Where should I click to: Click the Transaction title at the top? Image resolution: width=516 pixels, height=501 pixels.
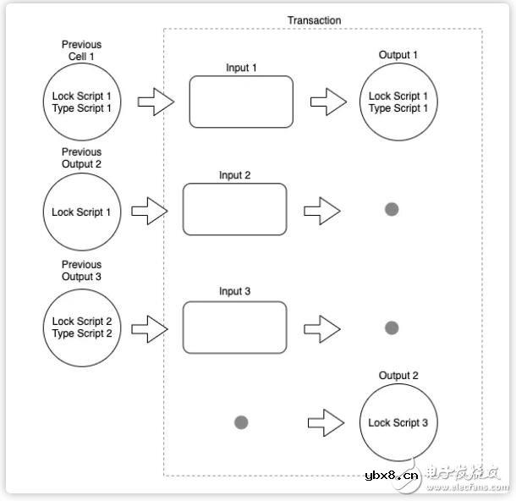(314, 20)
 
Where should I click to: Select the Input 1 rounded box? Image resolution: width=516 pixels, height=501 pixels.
(241, 102)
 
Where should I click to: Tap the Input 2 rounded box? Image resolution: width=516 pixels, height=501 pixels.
(234, 209)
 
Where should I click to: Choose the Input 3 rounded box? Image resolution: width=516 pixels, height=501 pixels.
(234, 327)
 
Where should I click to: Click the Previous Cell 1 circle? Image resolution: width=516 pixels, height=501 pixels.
(81, 102)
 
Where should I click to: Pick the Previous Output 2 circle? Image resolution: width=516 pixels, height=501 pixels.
(81, 212)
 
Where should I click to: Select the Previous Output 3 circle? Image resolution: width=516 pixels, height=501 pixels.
(81, 328)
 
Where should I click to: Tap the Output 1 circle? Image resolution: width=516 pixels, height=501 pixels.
(398, 102)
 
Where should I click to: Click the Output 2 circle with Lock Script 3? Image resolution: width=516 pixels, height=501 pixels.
(398, 422)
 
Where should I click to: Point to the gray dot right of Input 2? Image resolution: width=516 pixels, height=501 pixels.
(392, 209)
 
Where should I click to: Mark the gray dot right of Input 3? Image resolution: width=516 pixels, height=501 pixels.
(392, 328)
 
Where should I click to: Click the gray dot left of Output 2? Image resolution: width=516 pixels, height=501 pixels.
(240, 421)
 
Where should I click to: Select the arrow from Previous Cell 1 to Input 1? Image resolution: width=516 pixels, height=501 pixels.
(156, 103)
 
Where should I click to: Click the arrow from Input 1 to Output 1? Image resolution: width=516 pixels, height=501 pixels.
(328, 103)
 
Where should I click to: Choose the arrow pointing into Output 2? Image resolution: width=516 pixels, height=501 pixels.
(327, 421)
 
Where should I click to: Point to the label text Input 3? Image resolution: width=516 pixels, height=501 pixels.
(234, 292)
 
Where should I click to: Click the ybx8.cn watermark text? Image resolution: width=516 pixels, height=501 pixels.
(392, 475)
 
